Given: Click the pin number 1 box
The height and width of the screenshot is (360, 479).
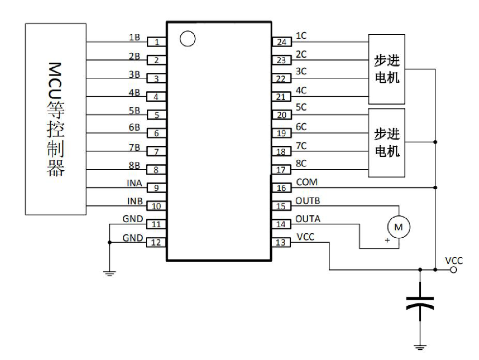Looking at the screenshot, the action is pos(157,42).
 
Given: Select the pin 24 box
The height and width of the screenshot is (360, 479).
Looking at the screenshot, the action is pos(281,42).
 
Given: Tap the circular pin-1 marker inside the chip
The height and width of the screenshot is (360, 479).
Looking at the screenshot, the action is pos(187,39).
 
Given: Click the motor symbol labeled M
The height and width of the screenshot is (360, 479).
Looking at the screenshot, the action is pos(399,227).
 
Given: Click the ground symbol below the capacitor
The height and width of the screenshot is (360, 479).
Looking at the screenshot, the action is pos(420,347).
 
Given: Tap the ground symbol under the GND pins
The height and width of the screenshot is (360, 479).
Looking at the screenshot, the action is pos(110,273).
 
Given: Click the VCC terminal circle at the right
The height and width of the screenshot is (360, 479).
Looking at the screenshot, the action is pos(454,270).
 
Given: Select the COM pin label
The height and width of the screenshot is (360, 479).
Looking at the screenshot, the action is pos(307,182).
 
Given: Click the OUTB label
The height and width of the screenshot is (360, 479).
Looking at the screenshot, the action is pos(308,201).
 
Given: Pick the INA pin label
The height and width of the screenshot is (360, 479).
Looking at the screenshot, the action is pos(135,183).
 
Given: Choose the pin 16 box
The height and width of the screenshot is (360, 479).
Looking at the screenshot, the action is pos(281,188).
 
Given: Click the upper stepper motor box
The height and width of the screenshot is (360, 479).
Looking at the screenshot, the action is pos(387,69).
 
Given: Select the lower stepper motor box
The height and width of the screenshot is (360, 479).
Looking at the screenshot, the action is pos(387,143).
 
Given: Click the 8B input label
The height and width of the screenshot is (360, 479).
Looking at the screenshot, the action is pos(135,165).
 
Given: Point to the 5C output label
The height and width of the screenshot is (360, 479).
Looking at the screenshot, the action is pos(301,107).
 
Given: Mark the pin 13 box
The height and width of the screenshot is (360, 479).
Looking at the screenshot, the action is pos(281,243).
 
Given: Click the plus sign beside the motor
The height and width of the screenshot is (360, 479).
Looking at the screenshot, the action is pos(388,240).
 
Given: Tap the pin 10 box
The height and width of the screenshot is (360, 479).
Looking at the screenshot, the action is pos(157,206).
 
